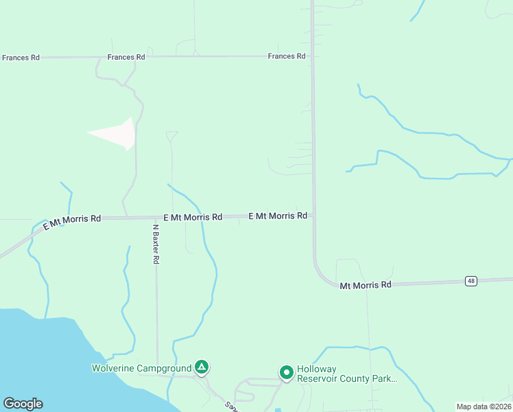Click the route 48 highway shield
coord(470,281)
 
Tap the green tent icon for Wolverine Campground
coord(202,367)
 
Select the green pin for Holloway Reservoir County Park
coord(286,373)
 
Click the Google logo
coord(23,404)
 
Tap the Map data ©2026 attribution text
coord(484,407)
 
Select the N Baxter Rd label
coord(156,244)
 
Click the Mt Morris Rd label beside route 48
coord(366,284)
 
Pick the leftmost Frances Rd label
coord(21,58)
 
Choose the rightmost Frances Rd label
coord(287,56)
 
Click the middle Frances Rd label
coord(126,57)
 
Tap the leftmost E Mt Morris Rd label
coord(72,221)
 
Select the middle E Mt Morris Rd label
coord(193,217)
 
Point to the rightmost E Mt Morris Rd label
coord(277,216)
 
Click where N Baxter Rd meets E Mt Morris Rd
coord(156,218)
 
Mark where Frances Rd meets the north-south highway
coord(313,56)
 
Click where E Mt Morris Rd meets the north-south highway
coord(313,215)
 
